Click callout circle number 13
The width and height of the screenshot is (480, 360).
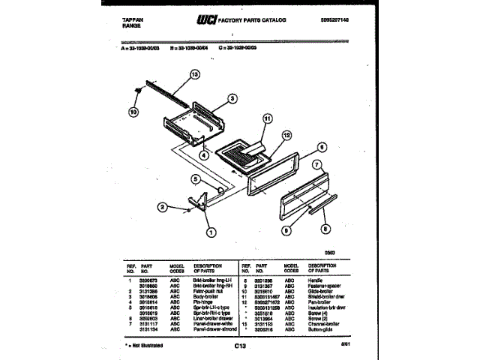(196, 75)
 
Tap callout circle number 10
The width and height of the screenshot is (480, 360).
(133, 113)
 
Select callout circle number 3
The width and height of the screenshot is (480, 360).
(233, 97)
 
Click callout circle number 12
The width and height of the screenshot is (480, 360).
(285, 135)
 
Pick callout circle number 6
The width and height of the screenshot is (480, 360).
(321, 147)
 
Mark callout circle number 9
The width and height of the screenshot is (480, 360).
(286, 231)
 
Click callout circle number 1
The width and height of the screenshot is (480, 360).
(211, 231)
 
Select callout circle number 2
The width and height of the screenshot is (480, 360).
(162, 207)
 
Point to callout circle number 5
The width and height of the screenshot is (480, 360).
(195, 179)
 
